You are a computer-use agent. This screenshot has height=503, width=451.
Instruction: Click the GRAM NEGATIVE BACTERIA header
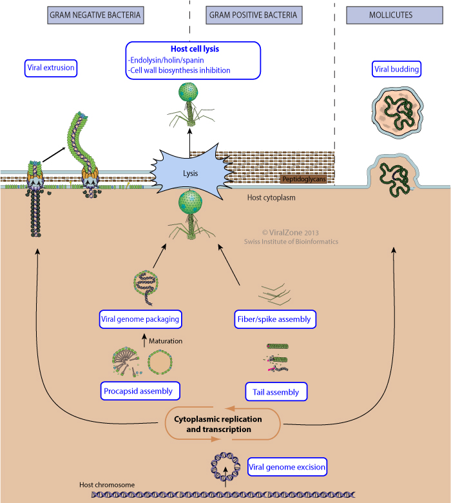click(96, 15)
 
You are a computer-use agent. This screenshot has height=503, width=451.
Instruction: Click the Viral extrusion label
click(51, 67)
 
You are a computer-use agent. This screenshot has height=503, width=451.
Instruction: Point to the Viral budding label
click(397, 68)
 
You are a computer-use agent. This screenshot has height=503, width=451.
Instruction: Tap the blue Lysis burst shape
click(190, 173)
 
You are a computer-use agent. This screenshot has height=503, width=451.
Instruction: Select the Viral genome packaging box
click(140, 319)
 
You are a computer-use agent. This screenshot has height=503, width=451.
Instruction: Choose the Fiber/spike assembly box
click(274, 319)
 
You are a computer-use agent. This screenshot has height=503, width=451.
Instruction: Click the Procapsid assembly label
click(140, 390)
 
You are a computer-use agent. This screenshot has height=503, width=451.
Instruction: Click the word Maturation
click(166, 340)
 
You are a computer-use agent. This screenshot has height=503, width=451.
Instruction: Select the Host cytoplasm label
click(271, 197)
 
